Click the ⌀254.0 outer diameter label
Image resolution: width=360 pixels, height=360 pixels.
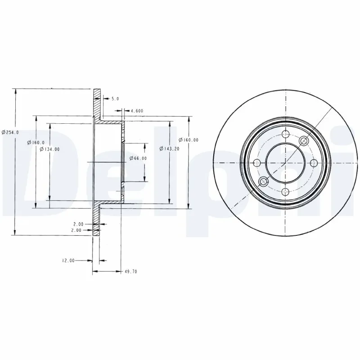(x=9, y=132)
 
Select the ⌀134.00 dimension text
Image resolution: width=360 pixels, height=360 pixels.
(x=49, y=149)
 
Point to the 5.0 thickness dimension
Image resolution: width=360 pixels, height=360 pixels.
(x=114, y=99)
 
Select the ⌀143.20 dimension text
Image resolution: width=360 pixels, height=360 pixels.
(x=168, y=148)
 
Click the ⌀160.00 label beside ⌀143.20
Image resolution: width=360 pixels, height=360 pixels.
(x=188, y=140)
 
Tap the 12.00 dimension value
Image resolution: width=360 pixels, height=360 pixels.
(x=68, y=260)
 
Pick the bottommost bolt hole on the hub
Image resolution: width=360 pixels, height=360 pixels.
(x=285, y=192)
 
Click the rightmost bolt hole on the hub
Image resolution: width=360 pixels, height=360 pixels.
(x=314, y=162)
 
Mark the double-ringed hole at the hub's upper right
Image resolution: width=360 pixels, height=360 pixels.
(x=304, y=141)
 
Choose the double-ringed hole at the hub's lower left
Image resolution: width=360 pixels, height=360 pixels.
(x=264, y=182)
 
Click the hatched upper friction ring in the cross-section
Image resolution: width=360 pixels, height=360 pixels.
(x=96, y=103)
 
